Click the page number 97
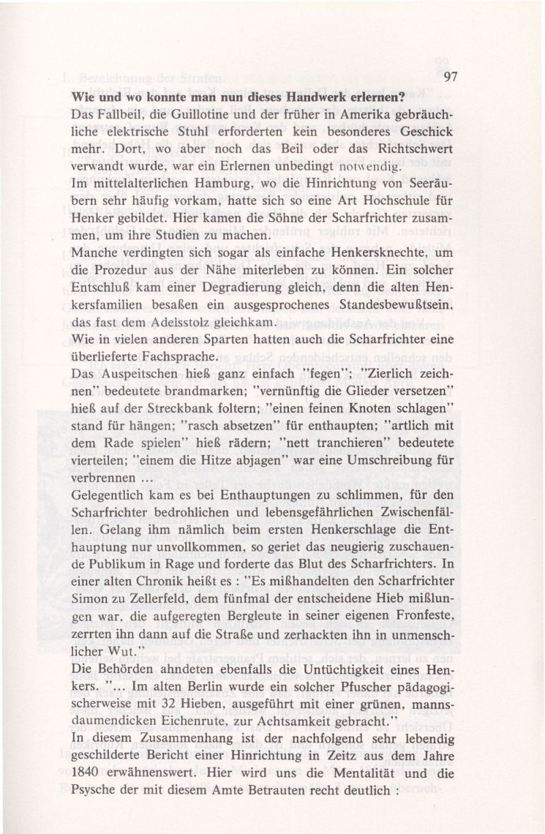pyautogui.click(x=448, y=77)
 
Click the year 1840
pyautogui.click(x=87, y=774)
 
